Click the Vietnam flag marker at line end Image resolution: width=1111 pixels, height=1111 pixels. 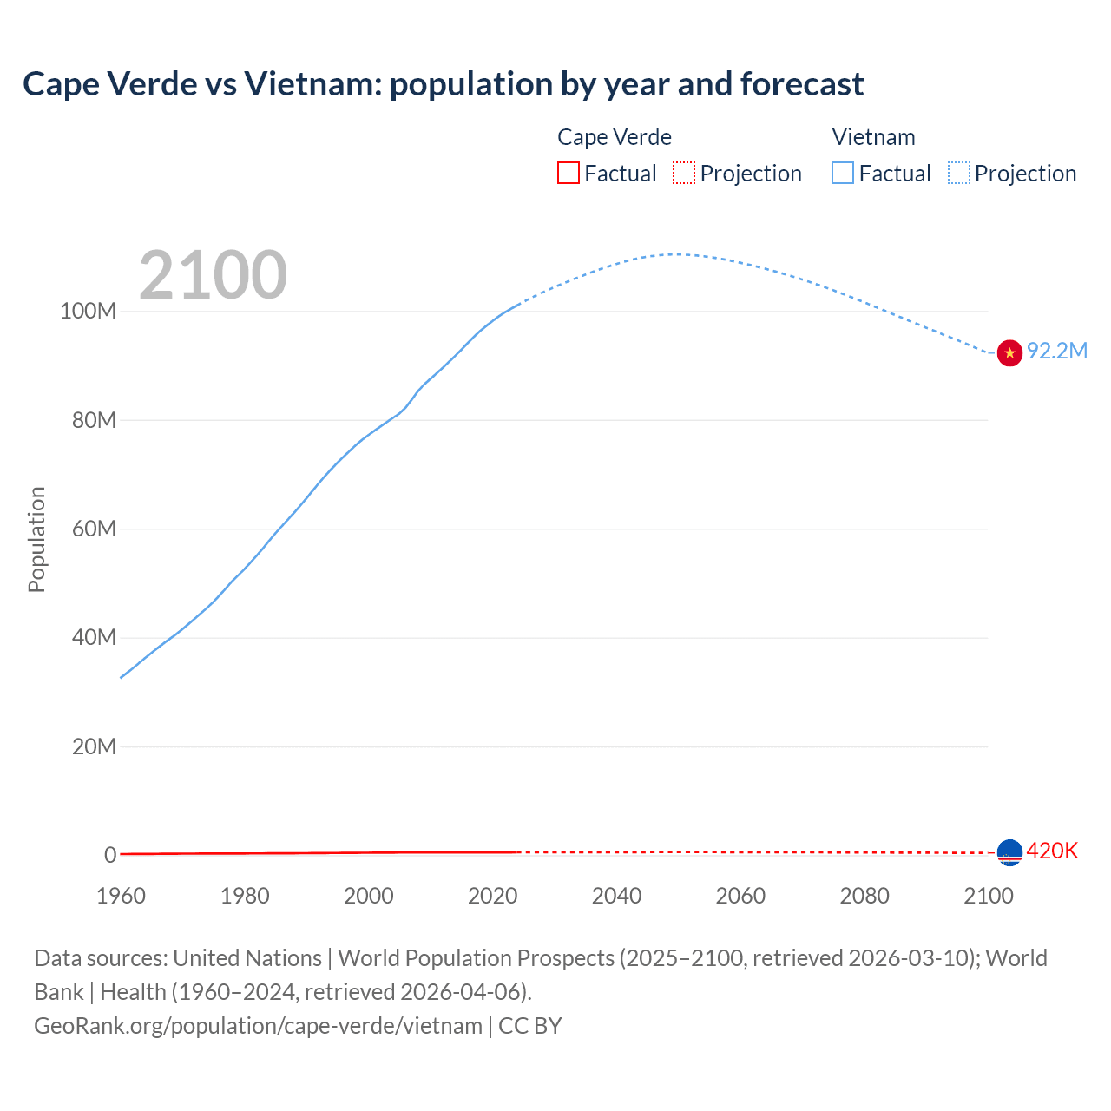point(1009,352)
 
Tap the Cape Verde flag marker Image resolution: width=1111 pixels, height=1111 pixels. point(1009,852)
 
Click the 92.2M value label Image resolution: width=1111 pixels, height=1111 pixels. point(1056,351)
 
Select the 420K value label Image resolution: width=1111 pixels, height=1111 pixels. point(1052,851)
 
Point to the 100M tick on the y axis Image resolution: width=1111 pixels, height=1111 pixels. point(88,311)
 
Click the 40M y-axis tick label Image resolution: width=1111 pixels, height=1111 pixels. point(93,637)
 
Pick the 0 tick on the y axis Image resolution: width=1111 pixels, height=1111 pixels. point(110,855)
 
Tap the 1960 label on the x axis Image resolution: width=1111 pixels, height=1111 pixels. point(121,896)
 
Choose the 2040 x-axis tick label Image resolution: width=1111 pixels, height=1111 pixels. point(616,896)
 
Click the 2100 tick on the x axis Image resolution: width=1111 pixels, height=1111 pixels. point(988,896)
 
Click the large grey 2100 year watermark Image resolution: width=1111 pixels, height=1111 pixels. point(213,274)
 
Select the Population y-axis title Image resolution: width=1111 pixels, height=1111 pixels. point(36,539)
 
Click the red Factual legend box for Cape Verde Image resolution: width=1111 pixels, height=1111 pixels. point(568,173)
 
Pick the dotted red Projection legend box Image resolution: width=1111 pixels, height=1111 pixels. point(684,173)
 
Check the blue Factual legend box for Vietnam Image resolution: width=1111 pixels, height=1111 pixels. point(842,173)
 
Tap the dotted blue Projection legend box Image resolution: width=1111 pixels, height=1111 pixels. point(958,173)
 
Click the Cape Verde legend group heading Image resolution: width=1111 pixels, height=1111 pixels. point(614,137)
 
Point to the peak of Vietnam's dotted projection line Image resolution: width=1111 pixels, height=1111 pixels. point(675,254)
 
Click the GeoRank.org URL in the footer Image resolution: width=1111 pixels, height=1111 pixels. point(258,1025)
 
